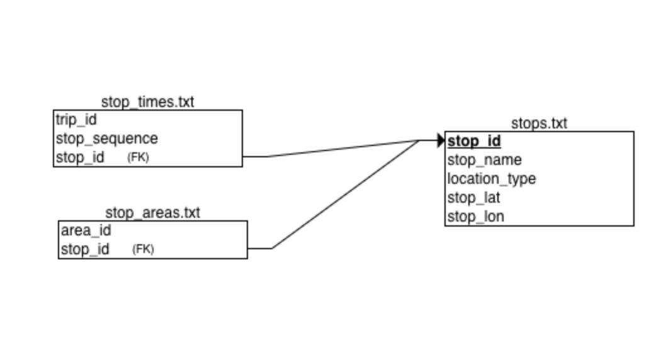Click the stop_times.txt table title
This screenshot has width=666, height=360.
(x=147, y=102)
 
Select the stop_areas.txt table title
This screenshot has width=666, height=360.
(x=152, y=213)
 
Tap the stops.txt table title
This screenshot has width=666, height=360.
(x=539, y=123)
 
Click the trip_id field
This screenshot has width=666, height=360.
(x=76, y=120)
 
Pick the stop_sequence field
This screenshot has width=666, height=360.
(x=106, y=138)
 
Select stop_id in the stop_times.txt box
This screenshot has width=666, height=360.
(x=80, y=157)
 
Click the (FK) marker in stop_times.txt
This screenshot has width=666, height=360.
(x=138, y=158)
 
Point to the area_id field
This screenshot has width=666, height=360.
(x=86, y=230)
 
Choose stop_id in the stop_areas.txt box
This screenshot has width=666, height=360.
(x=85, y=249)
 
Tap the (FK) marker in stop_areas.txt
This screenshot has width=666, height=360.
(x=143, y=249)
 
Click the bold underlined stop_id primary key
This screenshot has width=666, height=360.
(x=474, y=141)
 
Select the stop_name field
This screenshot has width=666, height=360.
(x=484, y=160)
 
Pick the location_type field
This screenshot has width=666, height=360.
(x=492, y=179)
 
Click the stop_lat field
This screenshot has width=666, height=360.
(x=474, y=198)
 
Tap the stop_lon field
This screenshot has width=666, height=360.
(x=475, y=217)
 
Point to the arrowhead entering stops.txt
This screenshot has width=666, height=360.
(x=441, y=140)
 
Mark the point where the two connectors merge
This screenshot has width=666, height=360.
(x=419, y=140)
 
